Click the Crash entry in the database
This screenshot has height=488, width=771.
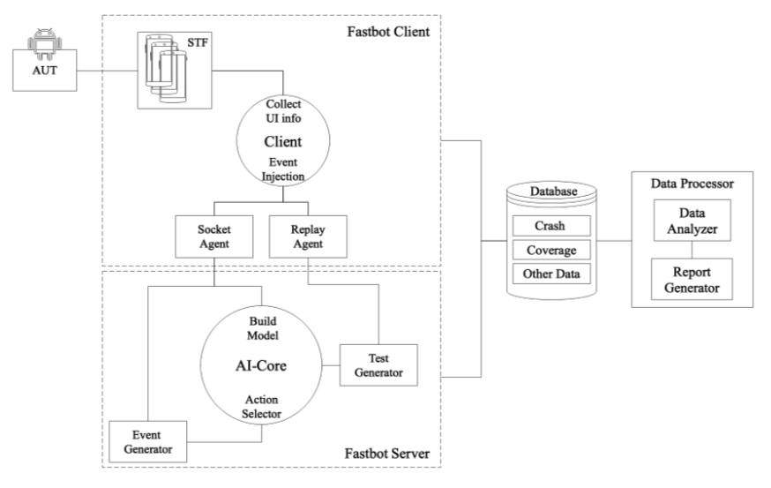click(550, 226)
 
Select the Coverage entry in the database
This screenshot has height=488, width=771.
click(550, 251)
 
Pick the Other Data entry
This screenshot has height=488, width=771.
click(550, 274)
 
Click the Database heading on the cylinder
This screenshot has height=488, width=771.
click(550, 191)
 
